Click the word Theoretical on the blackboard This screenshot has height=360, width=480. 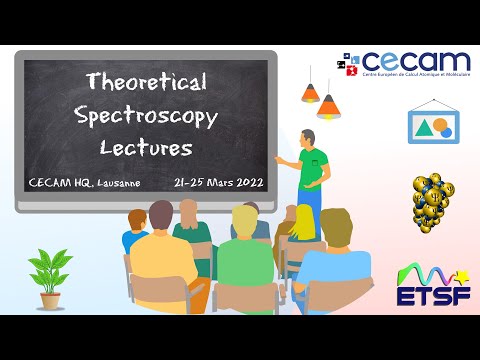(x=146, y=81)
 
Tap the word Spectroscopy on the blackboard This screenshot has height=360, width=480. (x=146, y=114)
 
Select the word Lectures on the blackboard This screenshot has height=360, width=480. (x=146, y=147)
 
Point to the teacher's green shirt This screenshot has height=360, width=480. (x=312, y=166)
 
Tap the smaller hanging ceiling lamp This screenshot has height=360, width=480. (x=310, y=93)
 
